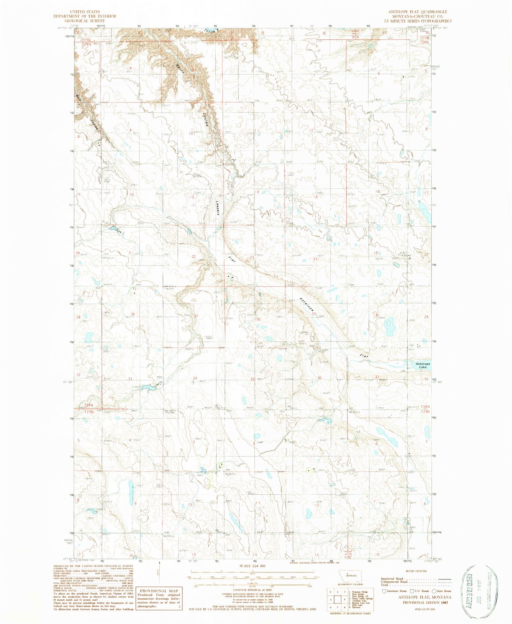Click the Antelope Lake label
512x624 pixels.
[423, 365]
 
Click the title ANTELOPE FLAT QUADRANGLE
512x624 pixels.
[418, 12]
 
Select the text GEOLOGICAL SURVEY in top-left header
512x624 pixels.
[85, 20]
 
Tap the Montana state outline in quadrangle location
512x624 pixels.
[351, 575]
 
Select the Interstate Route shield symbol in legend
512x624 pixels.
[384, 591]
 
